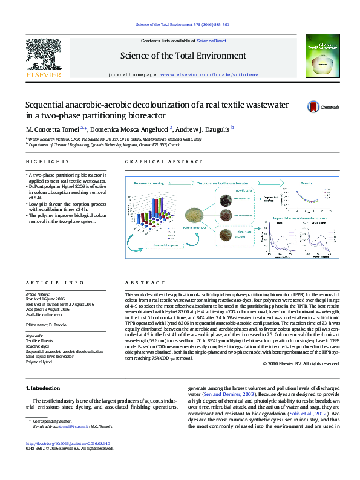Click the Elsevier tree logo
pyautogui.click(x=42, y=55)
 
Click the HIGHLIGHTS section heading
pyautogui.click(x=47, y=162)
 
